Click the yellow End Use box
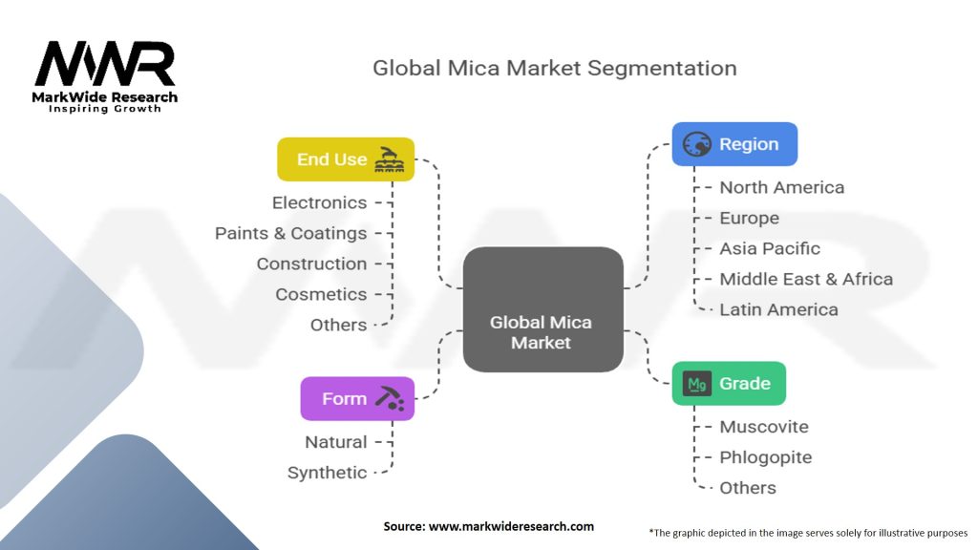coord(346,159)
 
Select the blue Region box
coord(734,144)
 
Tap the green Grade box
coord(729,383)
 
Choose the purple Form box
coord(357,398)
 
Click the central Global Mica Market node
coord(542,309)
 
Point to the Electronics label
coord(319,202)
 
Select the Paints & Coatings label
coord(290,233)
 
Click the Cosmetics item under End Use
coord(321,294)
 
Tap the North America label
coord(782,187)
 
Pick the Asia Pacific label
coord(770,248)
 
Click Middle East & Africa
coord(806,279)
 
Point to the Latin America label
coord(779,309)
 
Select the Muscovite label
coord(764,427)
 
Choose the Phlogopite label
coord(766,457)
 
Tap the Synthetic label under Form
coord(327,473)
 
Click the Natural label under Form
coord(336,442)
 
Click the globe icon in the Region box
coord(696,144)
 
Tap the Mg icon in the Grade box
coord(696,384)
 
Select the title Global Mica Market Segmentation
coord(555,68)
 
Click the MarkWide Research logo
coord(105,76)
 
